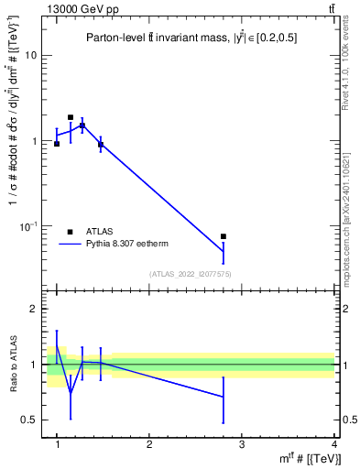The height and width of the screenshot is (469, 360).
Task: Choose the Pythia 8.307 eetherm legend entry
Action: click(x=128, y=244)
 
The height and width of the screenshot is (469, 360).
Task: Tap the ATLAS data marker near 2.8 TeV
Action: click(x=223, y=236)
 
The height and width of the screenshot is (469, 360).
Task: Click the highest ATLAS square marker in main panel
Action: click(x=71, y=117)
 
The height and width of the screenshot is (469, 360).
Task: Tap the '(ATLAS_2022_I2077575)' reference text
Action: click(x=191, y=273)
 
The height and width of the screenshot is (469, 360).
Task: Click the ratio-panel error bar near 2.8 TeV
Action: click(x=223, y=397)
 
